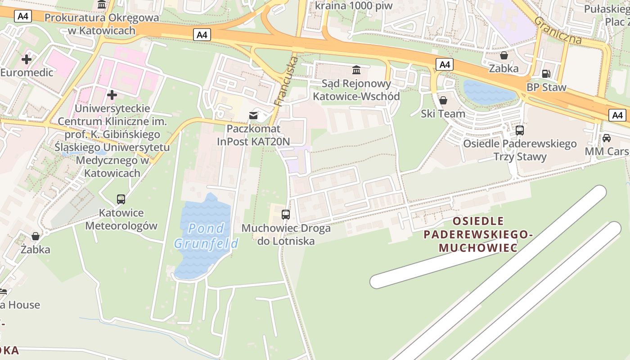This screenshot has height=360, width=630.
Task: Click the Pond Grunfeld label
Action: [x=206, y=236]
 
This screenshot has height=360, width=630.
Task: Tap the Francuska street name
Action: [x=286, y=81]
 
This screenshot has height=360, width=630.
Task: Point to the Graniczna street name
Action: [x=558, y=30]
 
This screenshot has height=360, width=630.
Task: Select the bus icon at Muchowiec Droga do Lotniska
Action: [x=286, y=214]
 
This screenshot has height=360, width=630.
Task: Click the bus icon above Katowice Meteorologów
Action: [x=121, y=199]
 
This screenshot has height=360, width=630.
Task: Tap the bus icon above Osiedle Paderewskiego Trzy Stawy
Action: [x=520, y=130]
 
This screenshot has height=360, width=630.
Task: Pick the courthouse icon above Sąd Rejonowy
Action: [x=356, y=70]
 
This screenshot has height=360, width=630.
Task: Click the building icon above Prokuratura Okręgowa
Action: [x=102, y=4]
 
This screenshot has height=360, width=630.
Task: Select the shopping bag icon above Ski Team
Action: [x=443, y=100]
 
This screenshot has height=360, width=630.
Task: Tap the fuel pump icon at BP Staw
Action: [x=546, y=73]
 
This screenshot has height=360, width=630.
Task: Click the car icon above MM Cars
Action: [x=607, y=138]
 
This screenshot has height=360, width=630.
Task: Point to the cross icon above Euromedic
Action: [x=27, y=59]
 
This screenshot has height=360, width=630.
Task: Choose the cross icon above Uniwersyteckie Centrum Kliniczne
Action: [x=112, y=95]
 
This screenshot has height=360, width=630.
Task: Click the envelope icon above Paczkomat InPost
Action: [x=254, y=116]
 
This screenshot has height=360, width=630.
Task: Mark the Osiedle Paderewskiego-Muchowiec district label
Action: [x=478, y=234]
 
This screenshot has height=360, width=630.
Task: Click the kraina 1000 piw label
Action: [x=353, y=6]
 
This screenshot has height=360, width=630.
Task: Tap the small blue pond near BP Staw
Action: [x=488, y=92]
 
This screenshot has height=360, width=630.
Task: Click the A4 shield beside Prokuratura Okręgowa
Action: [x=22, y=17]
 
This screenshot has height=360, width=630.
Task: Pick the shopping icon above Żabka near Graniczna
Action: [x=504, y=55]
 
